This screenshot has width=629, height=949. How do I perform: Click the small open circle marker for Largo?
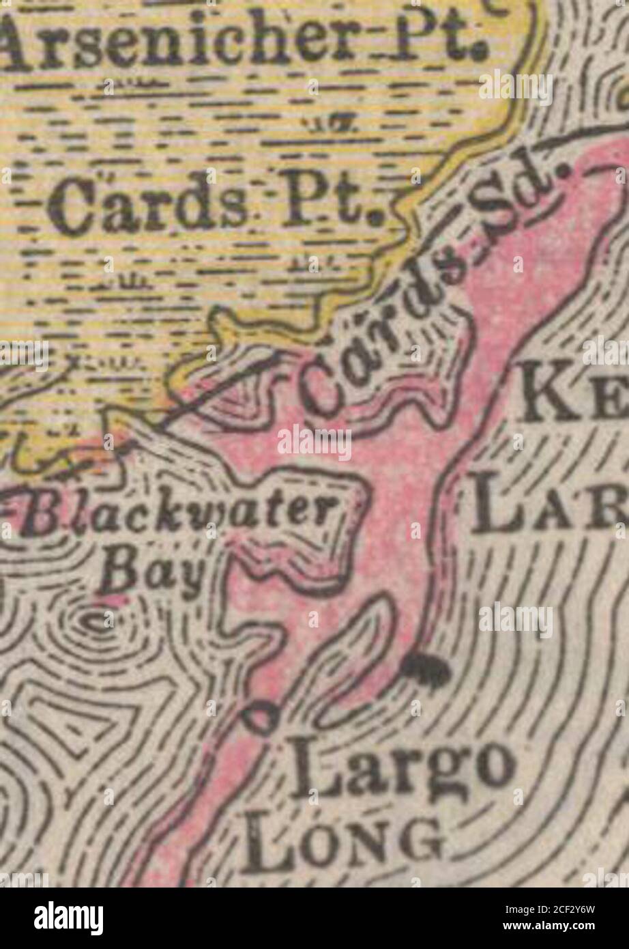[x=261, y=718]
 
